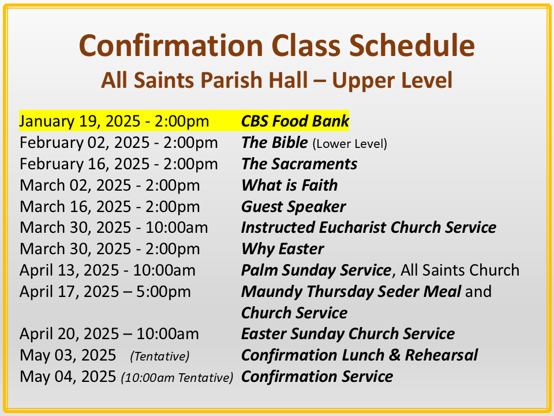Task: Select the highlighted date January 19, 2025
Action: (x=80, y=121)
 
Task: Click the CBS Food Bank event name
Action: (x=295, y=121)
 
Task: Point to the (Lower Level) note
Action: (x=350, y=144)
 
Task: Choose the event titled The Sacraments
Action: (x=300, y=164)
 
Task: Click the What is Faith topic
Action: (x=289, y=185)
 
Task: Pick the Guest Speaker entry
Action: (x=293, y=207)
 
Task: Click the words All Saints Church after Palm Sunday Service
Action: (x=460, y=270)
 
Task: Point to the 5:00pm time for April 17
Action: (x=163, y=292)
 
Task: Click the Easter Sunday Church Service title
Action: (x=348, y=334)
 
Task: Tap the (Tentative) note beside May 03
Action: (x=160, y=356)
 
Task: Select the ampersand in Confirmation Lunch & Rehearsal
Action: (x=395, y=355)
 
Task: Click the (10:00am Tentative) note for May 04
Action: (x=177, y=377)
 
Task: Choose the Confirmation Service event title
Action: (x=317, y=376)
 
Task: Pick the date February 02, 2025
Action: (x=84, y=143)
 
